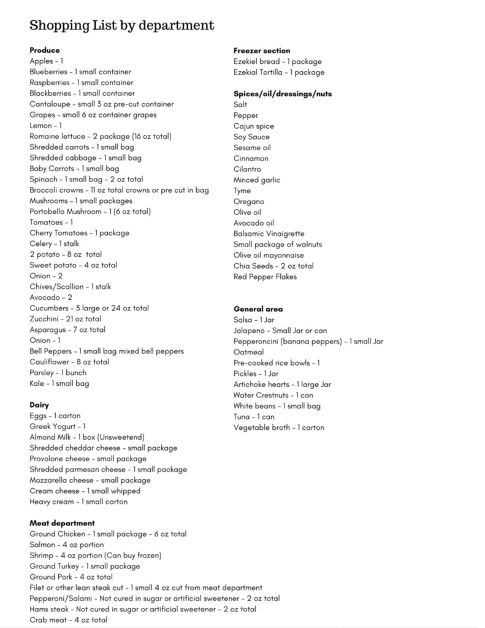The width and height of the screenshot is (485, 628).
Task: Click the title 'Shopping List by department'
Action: pyautogui.click(x=122, y=25)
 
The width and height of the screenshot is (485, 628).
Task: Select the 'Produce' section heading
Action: pyautogui.click(x=45, y=50)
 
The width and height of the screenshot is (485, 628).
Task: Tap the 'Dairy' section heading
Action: pyautogui.click(x=39, y=405)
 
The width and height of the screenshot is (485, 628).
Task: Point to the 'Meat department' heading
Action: pyautogui.click(x=62, y=523)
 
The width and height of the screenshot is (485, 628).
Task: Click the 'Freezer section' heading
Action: pyautogui.click(x=262, y=50)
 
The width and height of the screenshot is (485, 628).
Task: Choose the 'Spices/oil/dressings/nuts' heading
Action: pyautogui.click(x=283, y=94)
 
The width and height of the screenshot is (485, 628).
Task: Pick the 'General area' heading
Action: pyautogui.click(x=258, y=309)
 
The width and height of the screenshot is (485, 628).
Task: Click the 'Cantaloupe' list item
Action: pyautogui.click(x=102, y=104)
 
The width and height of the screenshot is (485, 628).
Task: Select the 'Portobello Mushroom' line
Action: pyautogui.click(x=90, y=212)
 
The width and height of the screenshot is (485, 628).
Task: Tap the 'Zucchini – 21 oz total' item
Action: pyautogui.click(x=66, y=319)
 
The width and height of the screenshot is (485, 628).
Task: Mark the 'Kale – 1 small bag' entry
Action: pyautogui.click(x=59, y=383)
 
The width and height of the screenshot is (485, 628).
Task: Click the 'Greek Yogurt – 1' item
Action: pyautogui.click(x=58, y=426)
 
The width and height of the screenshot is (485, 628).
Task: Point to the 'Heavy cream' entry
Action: pyautogui.click(x=78, y=502)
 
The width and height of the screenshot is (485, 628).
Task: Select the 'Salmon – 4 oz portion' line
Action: pyautogui.click(x=67, y=545)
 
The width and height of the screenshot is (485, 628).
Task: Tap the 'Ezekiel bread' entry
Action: pyautogui.click(x=277, y=61)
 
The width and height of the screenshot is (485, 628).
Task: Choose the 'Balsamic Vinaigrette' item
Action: pyautogui.click(x=269, y=234)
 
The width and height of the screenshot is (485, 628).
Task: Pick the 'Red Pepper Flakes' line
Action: pyautogui.click(x=265, y=277)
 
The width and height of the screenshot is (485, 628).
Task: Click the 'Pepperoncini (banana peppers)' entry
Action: pyautogui.click(x=308, y=341)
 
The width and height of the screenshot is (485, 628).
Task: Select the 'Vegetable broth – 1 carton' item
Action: pyautogui.click(x=279, y=427)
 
